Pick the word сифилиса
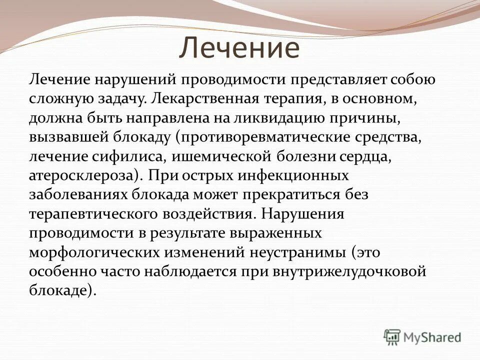tap(131, 156)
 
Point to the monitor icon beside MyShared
tap(392, 337)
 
